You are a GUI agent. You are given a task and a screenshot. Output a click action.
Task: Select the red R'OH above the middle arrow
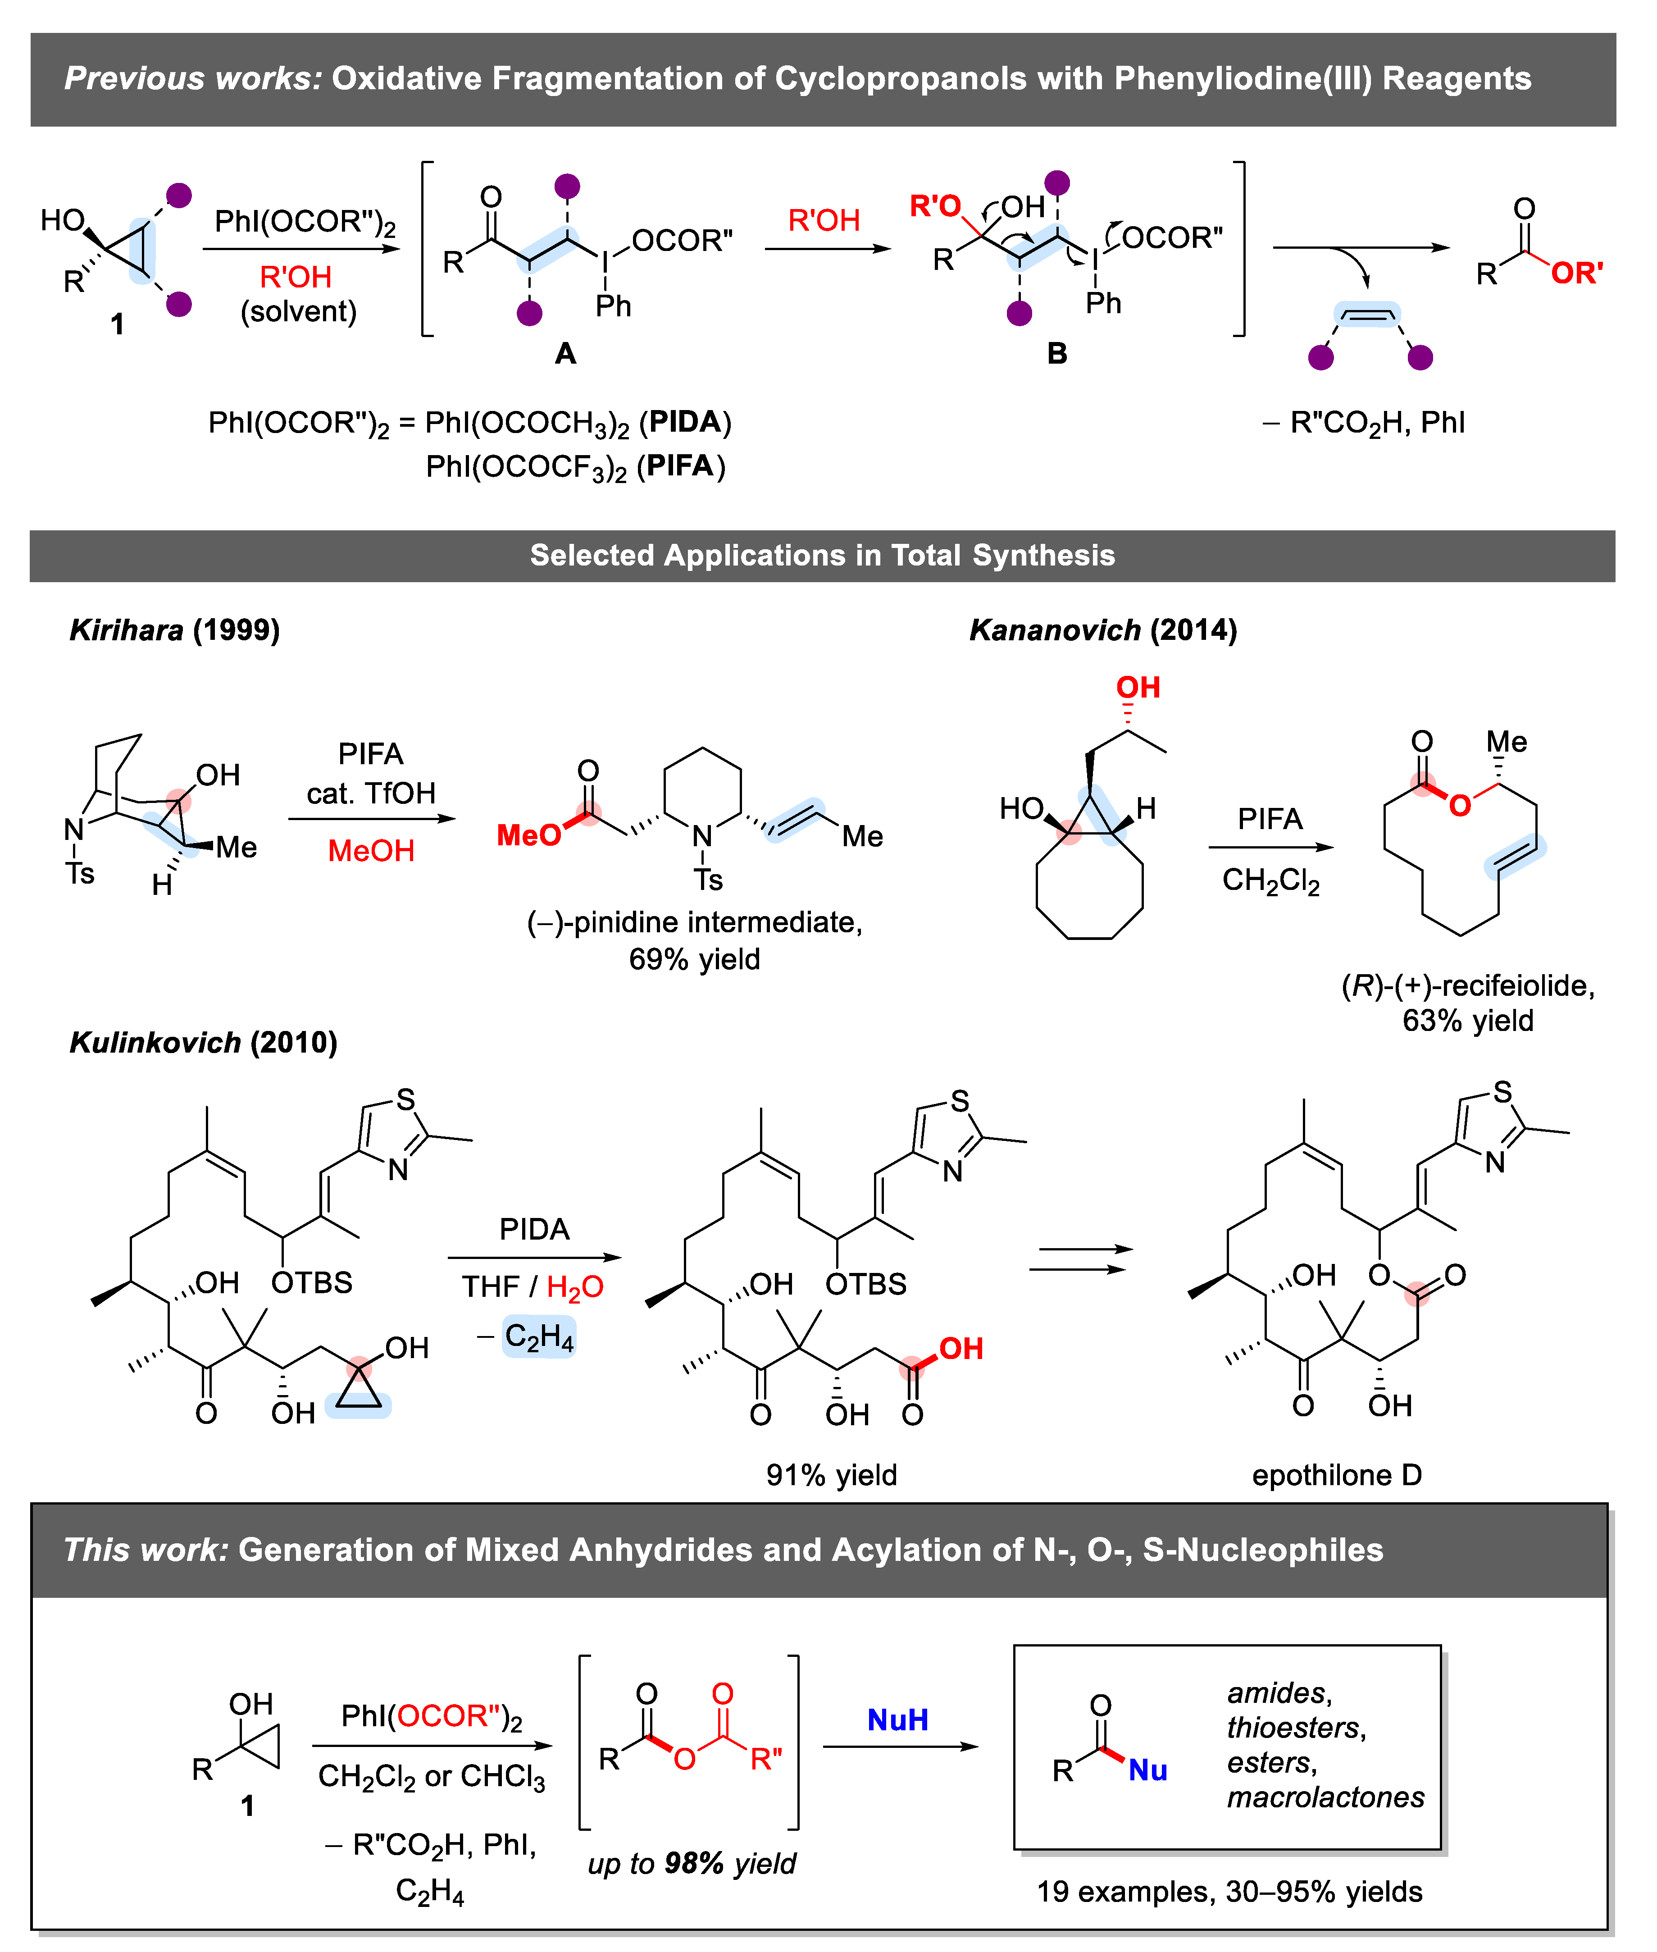pyautogui.click(x=824, y=221)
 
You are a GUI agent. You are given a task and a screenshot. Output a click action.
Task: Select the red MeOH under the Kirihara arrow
pyautogui.click(x=371, y=851)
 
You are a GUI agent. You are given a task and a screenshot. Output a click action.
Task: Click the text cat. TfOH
pyautogui.click(x=371, y=794)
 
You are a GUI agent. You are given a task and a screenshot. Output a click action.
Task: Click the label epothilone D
pyautogui.click(x=1337, y=1475)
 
